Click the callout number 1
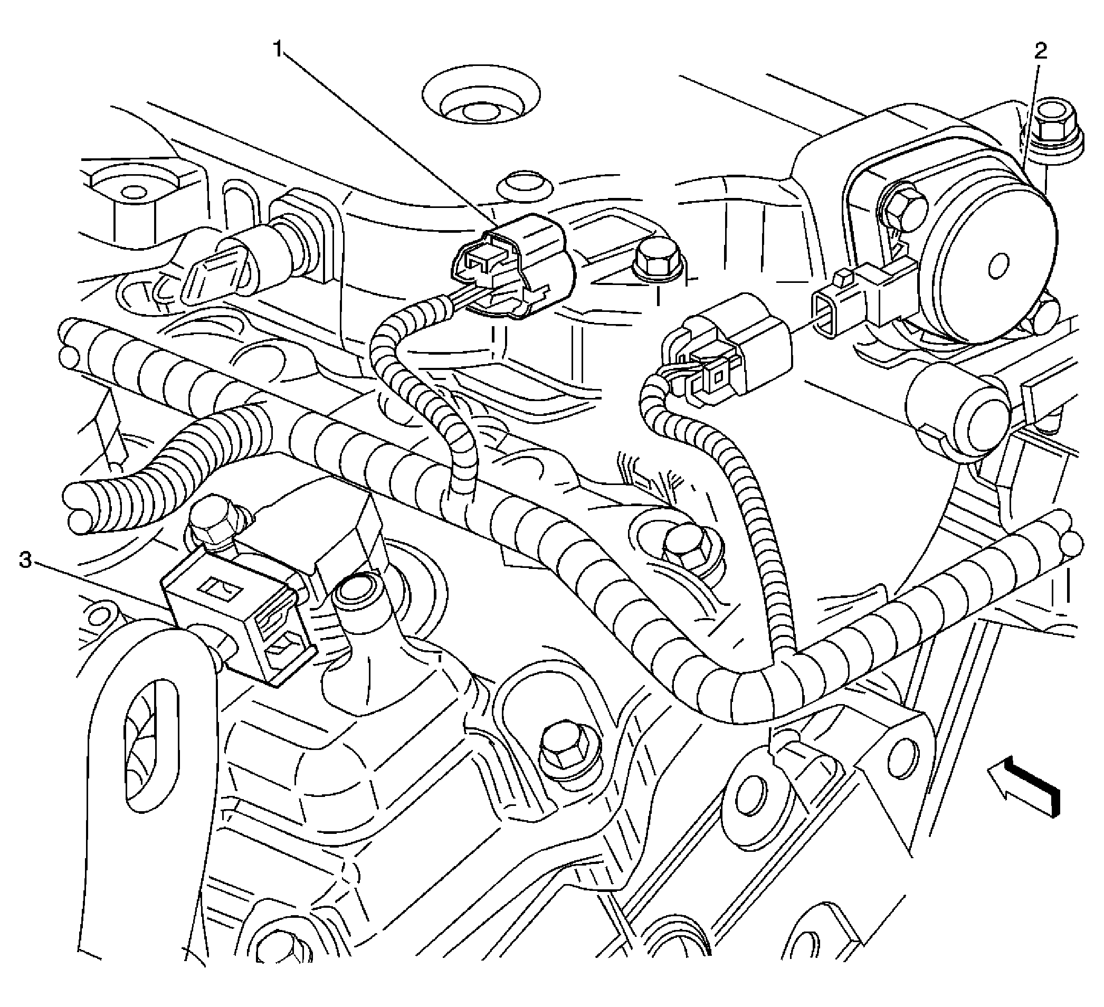point(279,50)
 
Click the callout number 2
point(1040,52)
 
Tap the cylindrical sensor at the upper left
point(246,258)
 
